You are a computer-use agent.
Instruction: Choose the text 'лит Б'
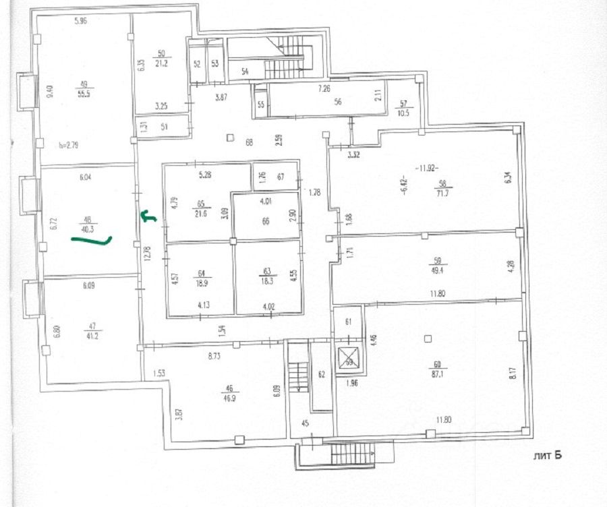548,456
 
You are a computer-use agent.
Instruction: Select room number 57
404,103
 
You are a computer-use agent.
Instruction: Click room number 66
265,220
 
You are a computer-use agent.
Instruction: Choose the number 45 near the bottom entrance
305,424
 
